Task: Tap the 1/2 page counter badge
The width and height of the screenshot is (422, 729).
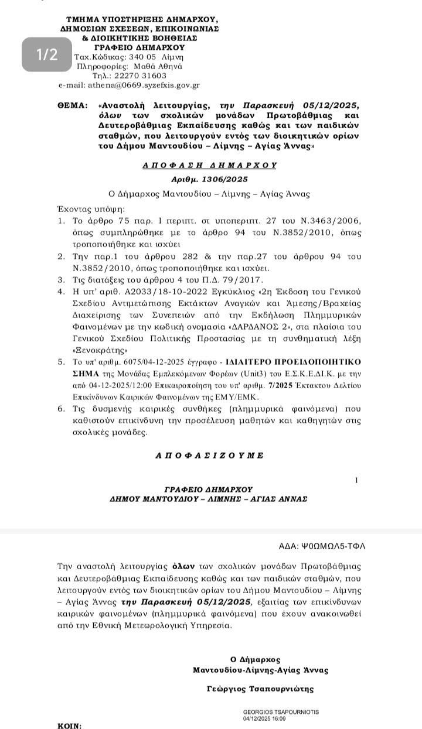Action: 47,55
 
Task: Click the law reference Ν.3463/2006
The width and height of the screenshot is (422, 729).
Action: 331,220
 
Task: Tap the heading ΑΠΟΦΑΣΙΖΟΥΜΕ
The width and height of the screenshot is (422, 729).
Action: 210,455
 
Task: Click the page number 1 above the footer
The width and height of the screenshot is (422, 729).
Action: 357,480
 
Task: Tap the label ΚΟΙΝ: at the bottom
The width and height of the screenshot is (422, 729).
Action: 70,725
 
